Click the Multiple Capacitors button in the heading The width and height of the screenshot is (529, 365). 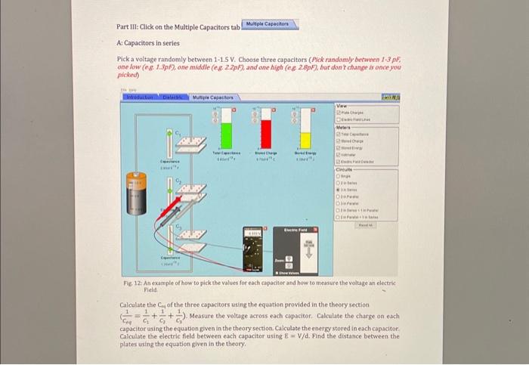(270, 25)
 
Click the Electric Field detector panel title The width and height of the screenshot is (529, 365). (295, 229)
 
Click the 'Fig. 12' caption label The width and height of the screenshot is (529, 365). (131, 282)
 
